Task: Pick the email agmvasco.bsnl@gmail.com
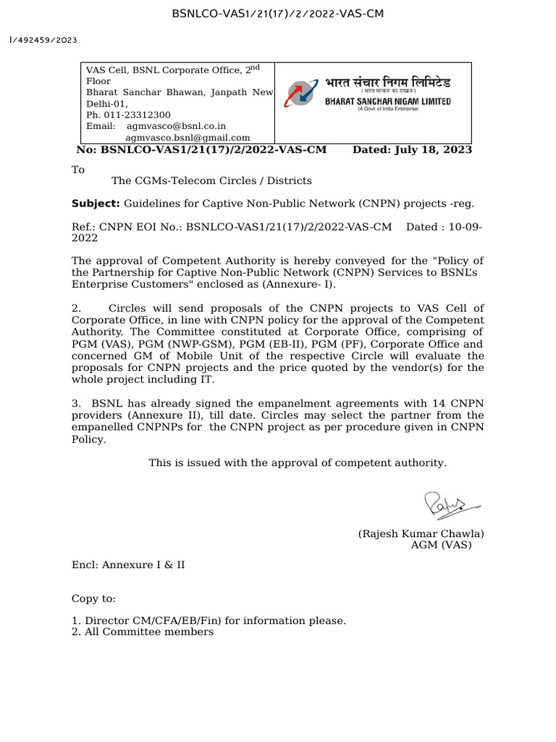[188, 137]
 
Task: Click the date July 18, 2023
[433, 149]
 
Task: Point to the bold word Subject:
[96, 204]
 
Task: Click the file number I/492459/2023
[43, 41]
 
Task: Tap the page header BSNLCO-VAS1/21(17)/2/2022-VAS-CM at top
[277, 14]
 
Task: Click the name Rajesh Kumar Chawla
[421, 533]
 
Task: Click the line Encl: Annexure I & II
[127, 564]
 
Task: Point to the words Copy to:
[93, 599]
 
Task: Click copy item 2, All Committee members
[143, 632]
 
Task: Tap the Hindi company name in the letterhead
[388, 83]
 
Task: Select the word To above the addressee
[77, 170]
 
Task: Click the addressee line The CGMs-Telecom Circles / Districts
[211, 180]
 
